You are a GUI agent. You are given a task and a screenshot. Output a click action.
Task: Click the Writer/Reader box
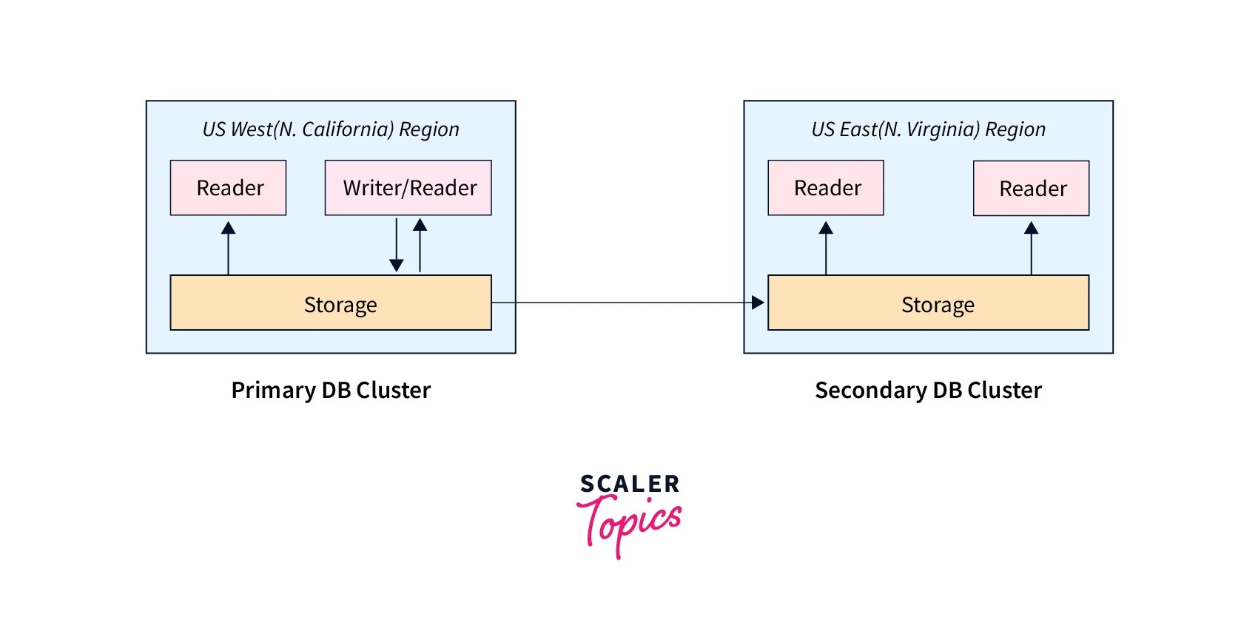(x=408, y=188)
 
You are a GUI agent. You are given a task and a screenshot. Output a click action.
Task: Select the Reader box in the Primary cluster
(x=228, y=188)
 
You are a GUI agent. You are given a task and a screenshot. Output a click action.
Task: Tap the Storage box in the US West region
(x=331, y=303)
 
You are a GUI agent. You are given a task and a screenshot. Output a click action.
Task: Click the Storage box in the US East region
(x=928, y=303)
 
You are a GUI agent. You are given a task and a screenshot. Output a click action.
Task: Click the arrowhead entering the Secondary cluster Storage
(x=757, y=303)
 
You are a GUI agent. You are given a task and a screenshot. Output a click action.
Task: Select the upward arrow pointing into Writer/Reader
(x=420, y=245)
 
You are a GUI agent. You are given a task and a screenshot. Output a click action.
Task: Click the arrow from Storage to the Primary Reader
(x=229, y=248)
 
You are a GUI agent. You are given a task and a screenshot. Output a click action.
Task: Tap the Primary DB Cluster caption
(x=331, y=390)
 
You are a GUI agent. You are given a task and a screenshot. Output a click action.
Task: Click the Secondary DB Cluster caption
(x=928, y=390)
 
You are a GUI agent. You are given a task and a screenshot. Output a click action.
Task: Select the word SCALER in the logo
(x=630, y=485)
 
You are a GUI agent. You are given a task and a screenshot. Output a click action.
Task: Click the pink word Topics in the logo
(x=630, y=522)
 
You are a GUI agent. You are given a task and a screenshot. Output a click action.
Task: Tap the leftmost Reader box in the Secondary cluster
(x=826, y=188)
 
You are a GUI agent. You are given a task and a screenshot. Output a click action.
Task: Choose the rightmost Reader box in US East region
(x=1031, y=189)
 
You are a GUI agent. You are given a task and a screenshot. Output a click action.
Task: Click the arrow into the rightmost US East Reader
(x=1031, y=249)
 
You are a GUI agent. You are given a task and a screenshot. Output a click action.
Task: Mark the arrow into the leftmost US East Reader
(x=826, y=249)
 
